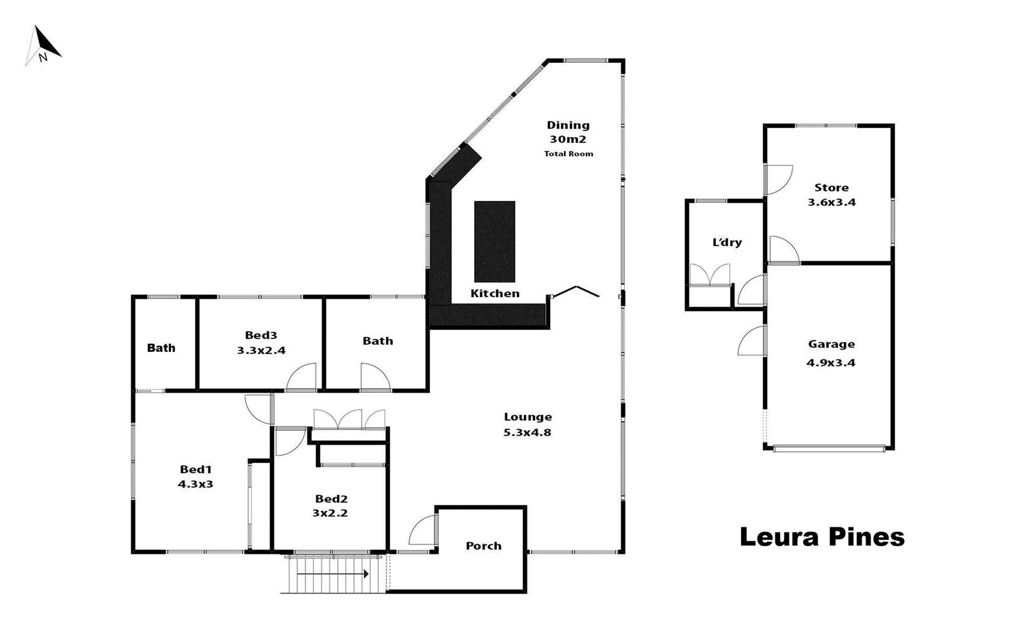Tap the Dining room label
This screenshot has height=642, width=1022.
tap(568, 125)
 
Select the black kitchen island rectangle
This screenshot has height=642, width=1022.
tap(494, 242)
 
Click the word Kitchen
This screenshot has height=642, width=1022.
tap(495, 293)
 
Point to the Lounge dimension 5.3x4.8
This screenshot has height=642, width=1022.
tap(528, 432)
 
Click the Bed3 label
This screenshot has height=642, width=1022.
tap(261, 335)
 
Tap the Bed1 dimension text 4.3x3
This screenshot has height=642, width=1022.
tap(195, 484)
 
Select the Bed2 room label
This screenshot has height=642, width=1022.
tap(331, 499)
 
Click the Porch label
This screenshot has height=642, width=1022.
tap(483, 546)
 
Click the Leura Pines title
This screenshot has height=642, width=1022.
tap(822, 537)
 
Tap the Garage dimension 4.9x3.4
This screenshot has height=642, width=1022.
tap(831, 363)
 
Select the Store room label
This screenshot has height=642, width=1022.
tap(831, 187)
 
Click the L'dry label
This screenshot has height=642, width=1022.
tap(727, 242)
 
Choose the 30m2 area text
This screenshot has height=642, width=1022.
tap(568, 139)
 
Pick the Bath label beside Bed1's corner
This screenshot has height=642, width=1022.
tap(161, 348)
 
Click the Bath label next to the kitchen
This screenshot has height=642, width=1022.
tap(378, 341)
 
